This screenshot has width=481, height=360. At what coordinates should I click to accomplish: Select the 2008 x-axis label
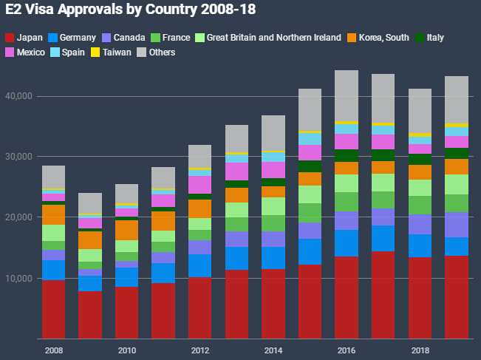click(x=53, y=350)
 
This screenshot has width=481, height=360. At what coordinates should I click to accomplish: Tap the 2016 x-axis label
click(x=347, y=350)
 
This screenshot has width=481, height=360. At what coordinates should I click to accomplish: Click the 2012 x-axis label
click(x=200, y=350)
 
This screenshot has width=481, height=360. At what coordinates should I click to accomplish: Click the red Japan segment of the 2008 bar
click(x=53, y=310)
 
